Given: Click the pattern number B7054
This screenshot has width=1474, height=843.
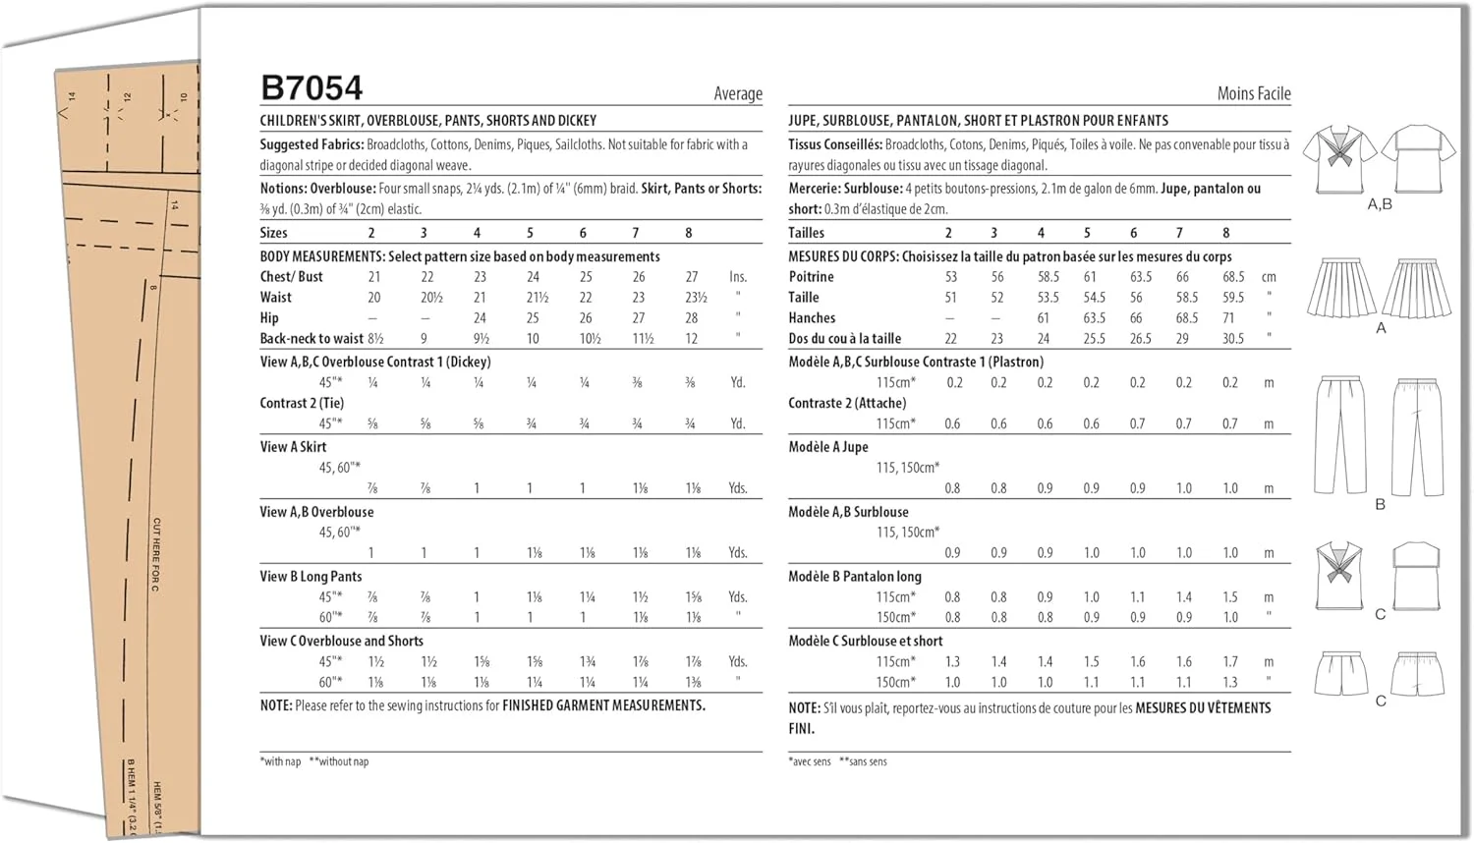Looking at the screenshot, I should pos(312,88).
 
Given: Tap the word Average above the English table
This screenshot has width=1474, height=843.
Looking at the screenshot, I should pos(738,93).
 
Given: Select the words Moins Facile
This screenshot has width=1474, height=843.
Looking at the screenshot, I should pos(1254,93).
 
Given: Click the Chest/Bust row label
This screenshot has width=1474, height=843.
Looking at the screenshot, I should pos(291,277).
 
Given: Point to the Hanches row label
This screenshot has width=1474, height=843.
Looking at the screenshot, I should pos(812,318).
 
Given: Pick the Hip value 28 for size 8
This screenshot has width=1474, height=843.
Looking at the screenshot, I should pos(692,318).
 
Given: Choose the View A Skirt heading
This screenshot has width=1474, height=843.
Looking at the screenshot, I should pos(293,447).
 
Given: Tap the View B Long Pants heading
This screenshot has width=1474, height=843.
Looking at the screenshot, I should pos(311,577).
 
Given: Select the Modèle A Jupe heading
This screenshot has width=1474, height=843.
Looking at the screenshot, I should pos(828,447).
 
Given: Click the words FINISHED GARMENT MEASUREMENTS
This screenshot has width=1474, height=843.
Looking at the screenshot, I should pos(603,705).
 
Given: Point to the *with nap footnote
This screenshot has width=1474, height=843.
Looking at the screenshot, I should pos(280,761).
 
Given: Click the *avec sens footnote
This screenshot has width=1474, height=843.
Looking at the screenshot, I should pos(810,761).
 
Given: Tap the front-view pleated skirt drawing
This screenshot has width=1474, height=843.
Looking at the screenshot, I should pos(1340,288).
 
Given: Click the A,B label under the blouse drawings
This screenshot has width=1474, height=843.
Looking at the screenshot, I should pos(1380,204).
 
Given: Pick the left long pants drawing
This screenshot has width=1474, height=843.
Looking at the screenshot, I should pos(1339,433).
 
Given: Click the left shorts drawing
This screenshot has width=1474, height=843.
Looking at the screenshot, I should pos(1340,673).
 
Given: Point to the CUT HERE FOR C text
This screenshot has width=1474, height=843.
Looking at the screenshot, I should pos(156,555).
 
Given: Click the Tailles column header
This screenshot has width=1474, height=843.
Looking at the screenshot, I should pos(806,233).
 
